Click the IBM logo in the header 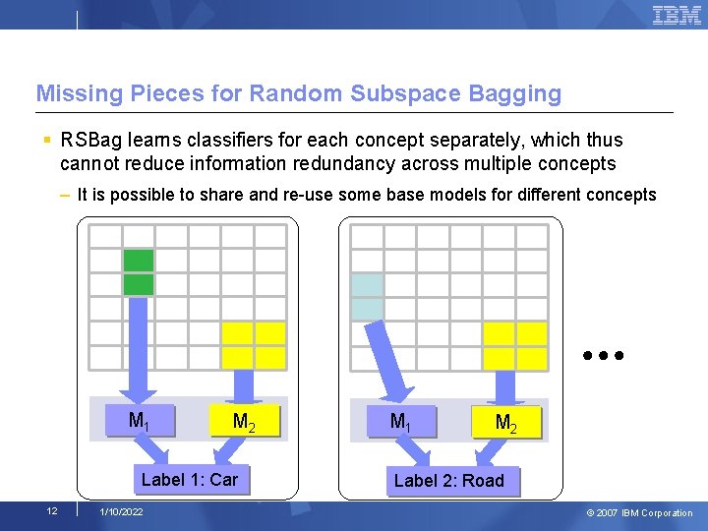[x=677, y=15]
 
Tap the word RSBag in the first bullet [x=89, y=141]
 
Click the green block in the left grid [x=139, y=272]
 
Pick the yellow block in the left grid [x=254, y=345]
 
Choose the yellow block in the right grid [x=515, y=345]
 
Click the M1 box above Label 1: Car [x=140, y=421]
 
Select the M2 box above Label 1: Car [x=244, y=422]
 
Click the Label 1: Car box [x=190, y=480]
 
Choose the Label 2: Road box [x=449, y=481]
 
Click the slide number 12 [x=51, y=510]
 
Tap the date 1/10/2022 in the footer [x=121, y=512]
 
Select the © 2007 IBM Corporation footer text [x=640, y=512]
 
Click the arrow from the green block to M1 [x=139, y=349]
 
